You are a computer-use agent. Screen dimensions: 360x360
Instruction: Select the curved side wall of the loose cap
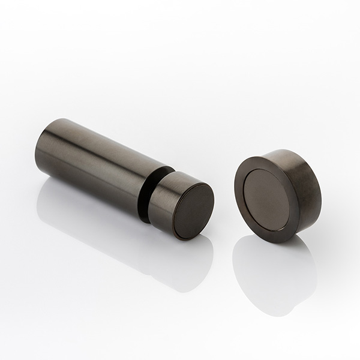pyautogui.click(x=303, y=180)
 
